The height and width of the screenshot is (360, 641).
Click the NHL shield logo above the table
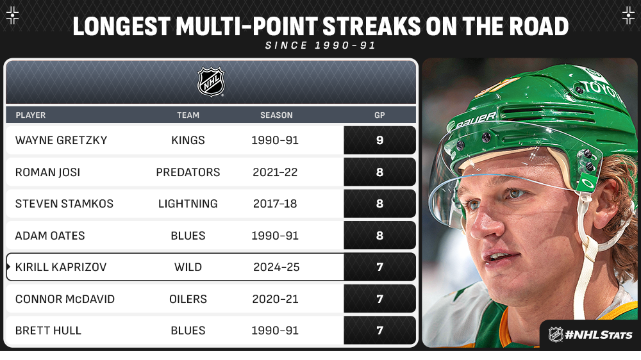[x=211, y=82]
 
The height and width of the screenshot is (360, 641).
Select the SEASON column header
[x=276, y=115]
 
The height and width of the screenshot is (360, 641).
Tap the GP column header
[x=379, y=115]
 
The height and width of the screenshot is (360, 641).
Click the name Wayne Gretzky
[x=62, y=140]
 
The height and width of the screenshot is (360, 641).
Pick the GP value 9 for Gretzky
[x=379, y=140]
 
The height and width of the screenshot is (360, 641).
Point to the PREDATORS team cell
[x=188, y=172]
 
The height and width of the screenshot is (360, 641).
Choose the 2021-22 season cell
[x=275, y=172]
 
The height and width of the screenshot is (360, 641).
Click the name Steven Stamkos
[x=64, y=204]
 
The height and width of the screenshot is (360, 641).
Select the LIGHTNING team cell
[x=188, y=204]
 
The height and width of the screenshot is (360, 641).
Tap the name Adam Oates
[x=50, y=235]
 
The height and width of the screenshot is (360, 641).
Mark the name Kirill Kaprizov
[x=61, y=267]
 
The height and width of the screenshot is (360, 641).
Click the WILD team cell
[x=188, y=267]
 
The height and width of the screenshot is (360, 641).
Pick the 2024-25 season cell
[x=276, y=267]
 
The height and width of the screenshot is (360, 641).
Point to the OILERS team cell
[x=188, y=299]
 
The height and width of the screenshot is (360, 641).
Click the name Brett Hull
[x=48, y=330]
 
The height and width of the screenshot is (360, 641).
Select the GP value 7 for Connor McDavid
[x=379, y=299]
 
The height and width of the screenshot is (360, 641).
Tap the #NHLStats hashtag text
[x=599, y=335]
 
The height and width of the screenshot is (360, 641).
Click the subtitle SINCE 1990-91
[x=320, y=45]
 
